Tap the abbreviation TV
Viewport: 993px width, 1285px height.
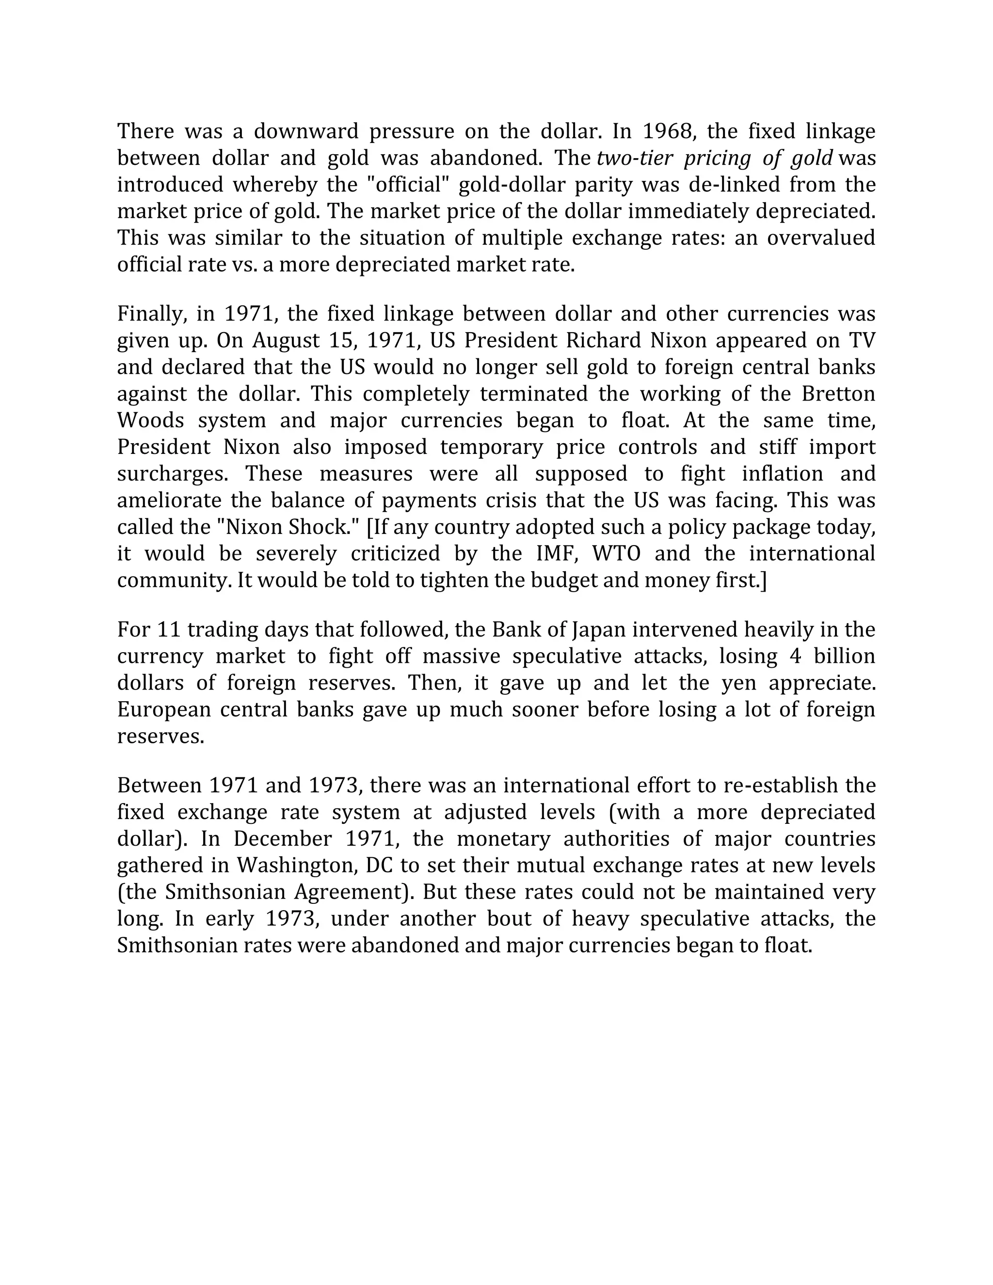861,341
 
